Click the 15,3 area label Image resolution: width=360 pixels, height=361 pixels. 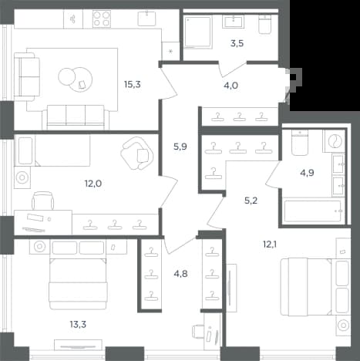point(133,84)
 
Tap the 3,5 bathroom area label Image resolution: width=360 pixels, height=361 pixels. point(237,43)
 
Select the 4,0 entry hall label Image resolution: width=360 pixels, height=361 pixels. point(230,85)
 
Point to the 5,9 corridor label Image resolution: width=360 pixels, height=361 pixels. point(180,147)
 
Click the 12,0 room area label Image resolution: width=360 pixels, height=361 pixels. point(93,184)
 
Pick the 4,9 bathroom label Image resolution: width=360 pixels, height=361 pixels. point(307,173)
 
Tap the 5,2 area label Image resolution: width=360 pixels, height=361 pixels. point(251,201)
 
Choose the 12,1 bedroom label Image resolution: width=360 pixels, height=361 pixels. point(270,244)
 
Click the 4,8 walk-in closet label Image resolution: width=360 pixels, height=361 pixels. point(180,274)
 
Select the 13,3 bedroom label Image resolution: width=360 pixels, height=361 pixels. point(78,325)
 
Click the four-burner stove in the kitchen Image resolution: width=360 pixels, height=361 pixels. point(101,19)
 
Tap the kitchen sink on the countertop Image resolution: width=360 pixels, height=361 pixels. point(146,19)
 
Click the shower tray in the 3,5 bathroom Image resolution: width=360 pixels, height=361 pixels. point(198,32)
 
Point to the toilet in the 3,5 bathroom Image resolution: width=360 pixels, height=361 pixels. point(264,25)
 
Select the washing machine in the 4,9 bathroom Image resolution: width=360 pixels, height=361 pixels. point(334,140)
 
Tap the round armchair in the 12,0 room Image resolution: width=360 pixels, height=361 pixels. point(137,154)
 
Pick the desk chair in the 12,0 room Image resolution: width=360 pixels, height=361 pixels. point(43,201)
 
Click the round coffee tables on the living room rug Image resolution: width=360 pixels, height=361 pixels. point(75,79)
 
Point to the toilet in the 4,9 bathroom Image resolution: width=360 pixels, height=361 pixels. point(300,143)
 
